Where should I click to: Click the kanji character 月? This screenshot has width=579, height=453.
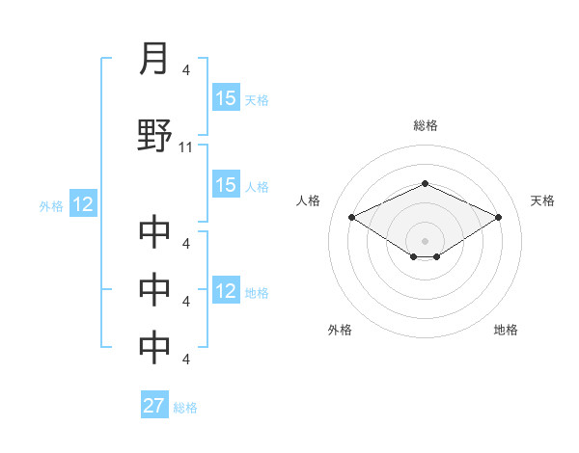click(154, 60)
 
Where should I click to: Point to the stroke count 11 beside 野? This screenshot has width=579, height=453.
click(187, 147)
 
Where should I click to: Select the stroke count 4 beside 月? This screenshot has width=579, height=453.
click(186, 71)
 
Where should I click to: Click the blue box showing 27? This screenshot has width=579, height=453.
click(154, 406)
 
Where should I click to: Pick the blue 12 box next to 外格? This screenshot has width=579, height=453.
click(82, 204)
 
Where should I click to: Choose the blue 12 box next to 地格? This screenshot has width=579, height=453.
click(226, 291)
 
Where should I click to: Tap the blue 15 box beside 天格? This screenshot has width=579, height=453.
click(226, 98)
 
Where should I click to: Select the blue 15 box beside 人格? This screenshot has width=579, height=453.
click(226, 185)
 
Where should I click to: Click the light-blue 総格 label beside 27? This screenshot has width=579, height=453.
click(185, 408)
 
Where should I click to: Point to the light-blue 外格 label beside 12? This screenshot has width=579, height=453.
click(51, 205)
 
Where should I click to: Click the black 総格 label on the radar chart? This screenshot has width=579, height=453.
click(426, 125)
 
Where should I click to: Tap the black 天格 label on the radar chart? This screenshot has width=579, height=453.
click(542, 200)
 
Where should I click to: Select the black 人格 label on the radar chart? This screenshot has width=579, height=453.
click(309, 200)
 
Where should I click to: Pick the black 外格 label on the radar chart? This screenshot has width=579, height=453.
click(340, 331)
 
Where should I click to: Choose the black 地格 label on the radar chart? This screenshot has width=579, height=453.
click(506, 331)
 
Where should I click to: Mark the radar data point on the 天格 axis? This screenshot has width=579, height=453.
click(499, 217)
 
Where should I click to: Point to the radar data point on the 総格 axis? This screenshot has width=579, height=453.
click(426, 183)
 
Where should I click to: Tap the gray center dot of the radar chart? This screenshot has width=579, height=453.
click(426, 240)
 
